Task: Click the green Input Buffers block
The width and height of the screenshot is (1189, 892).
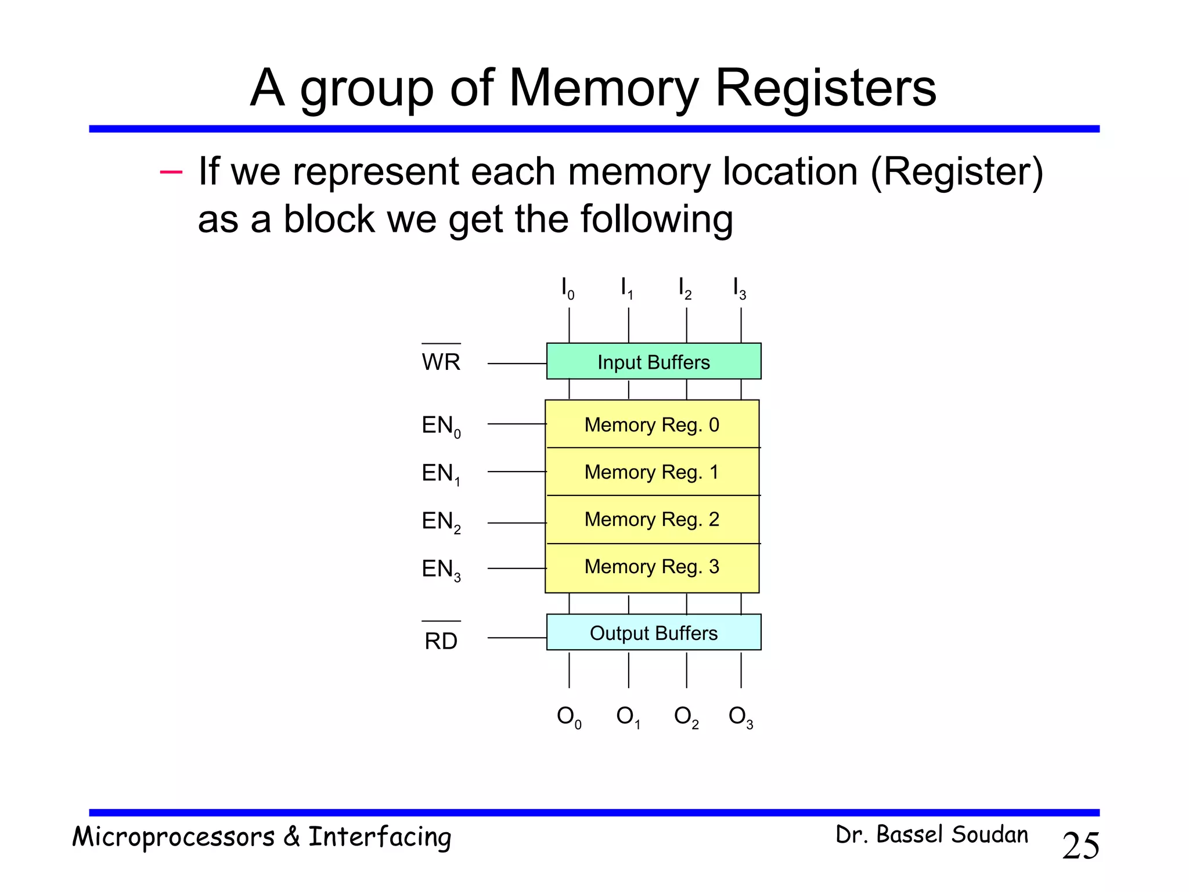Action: tap(654, 361)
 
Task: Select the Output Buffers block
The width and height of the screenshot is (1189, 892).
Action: tap(654, 632)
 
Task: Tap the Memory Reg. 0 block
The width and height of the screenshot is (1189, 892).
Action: tap(652, 425)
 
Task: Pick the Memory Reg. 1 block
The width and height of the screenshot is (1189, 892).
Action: tap(652, 472)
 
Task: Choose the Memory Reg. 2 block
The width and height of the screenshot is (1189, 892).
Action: tap(652, 519)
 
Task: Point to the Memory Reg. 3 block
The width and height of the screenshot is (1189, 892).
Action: tap(652, 567)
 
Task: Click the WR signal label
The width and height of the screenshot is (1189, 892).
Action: tap(441, 362)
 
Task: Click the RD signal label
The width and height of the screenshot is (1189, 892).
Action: tap(441, 641)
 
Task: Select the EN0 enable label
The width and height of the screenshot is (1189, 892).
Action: tap(441, 426)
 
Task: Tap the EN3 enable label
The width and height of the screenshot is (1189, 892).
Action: tap(441, 569)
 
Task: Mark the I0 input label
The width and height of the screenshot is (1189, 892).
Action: tap(567, 289)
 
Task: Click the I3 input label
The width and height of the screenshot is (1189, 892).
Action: tap(739, 289)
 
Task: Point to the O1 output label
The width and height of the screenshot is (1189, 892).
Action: tap(628, 717)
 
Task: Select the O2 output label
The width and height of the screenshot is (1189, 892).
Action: tap(686, 717)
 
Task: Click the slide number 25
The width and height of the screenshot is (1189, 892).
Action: tap(1080, 846)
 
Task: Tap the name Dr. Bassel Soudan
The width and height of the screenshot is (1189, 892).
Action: tap(931, 835)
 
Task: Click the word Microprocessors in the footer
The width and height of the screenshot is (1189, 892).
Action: tap(173, 837)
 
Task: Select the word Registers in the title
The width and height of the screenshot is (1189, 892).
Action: tap(825, 88)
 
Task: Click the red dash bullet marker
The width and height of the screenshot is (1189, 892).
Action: tap(171, 172)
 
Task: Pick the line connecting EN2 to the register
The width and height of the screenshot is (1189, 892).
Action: tap(516, 523)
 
